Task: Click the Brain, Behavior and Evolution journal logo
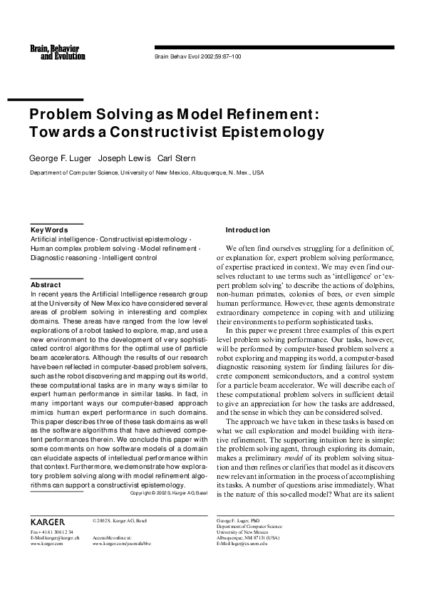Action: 53,51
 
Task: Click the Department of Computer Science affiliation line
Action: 146,172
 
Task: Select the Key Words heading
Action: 49,230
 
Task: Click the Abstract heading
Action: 46,285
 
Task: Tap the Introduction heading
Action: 247,230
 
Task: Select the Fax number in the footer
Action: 52,532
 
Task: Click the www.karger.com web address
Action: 47,544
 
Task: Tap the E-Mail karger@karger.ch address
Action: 55,538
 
